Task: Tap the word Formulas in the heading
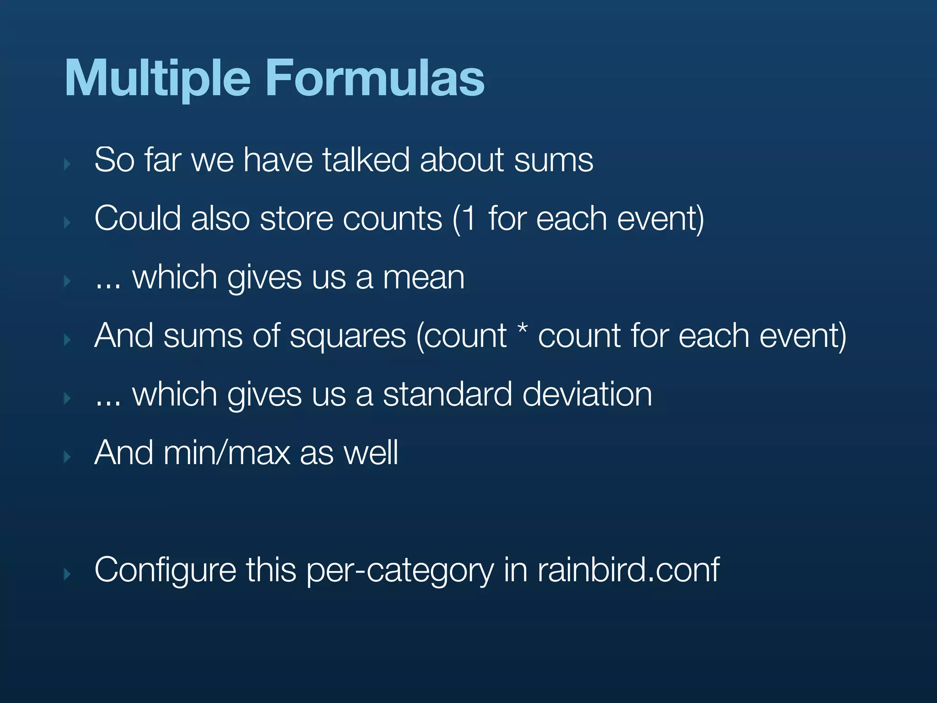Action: pyautogui.click(x=375, y=79)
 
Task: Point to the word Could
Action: pyautogui.click(x=137, y=218)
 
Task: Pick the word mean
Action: pyautogui.click(x=424, y=277)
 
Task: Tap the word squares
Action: pyautogui.click(x=348, y=336)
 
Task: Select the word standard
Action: pyautogui.click(x=447, y=394)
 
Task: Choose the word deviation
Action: pyautogui.click(x=587, y=394)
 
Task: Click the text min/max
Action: pyautogui.click(x=226, y=453)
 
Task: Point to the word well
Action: pyautogui.click(x=371, y=453)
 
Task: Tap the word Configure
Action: pyautogui.click(x=165, y=570)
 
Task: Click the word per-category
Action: pyautogui.click(x=400, y=570)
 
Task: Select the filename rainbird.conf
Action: pyautogui.click(x=628, y=570)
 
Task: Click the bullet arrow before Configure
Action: pyautogui.click(x=68, y=574)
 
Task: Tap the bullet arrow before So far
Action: pyautogui.click(x=68, y=164)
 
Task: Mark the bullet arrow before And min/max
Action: pyautogui.click(x=68, y=456)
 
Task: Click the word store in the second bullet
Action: pyautogui.click(x=296, y=218)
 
